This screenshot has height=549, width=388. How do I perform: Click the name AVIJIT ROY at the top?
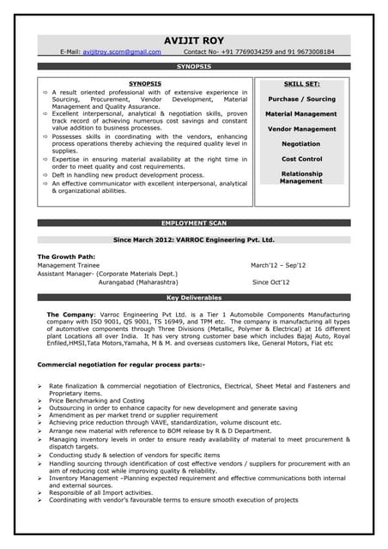[194, 40]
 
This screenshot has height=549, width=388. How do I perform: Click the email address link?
[122, 52]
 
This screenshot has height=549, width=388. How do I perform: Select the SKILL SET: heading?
[301, 85]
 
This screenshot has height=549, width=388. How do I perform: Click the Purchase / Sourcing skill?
[301, 100]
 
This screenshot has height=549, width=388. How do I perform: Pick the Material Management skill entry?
[301, 114]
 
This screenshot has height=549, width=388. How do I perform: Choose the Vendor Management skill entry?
[301, 130]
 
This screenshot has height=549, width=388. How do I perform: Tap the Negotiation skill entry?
[301, 144]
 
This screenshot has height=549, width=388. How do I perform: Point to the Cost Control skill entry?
[301, 160]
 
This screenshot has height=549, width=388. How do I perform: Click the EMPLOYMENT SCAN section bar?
[194, 223]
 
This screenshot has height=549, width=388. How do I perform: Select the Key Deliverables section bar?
[194, 298]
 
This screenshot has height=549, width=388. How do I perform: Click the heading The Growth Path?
[67, 256]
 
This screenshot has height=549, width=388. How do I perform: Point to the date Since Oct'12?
[270, 281]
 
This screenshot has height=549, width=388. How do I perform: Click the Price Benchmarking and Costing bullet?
[96, 401]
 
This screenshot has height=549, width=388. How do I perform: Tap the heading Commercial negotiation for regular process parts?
[121, 365]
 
